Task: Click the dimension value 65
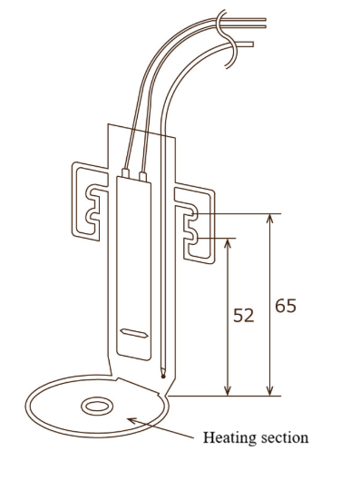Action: point(286,306)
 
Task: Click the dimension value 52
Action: point(244,316)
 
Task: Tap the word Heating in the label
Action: point(229,438)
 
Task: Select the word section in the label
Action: point(285,437)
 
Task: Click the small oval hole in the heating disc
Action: point(97,407)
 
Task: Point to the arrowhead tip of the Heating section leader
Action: point(128,419)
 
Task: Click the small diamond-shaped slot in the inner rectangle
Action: point(135,333)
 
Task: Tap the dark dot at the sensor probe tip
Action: point(163,377)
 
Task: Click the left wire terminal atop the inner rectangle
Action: point(125,173)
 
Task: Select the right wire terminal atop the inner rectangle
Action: point(142,177)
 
